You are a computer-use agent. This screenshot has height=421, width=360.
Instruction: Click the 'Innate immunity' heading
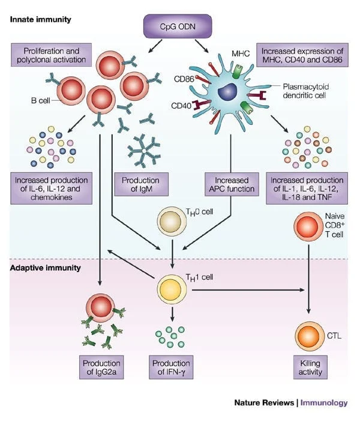point(40,19)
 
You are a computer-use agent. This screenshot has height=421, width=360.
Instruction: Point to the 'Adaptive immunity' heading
point(45,267)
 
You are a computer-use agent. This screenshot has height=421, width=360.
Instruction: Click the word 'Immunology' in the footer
point(323,403)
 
